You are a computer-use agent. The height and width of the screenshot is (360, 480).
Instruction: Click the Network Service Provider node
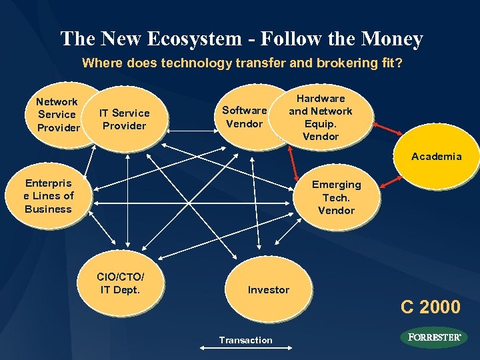(x=57, y=114)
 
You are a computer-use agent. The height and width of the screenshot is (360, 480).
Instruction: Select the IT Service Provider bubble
(x=124, y=119)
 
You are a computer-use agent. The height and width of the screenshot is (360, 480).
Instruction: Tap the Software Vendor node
(x=244, y=117)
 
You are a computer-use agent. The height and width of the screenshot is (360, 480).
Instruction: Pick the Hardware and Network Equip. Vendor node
(x=321, y=117)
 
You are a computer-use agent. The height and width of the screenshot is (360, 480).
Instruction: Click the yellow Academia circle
(x=436, y=156)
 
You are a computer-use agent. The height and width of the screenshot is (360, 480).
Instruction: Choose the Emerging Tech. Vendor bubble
(x=337, y=197)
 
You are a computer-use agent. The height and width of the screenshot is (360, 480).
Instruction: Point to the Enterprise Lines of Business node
(x=48, y=195)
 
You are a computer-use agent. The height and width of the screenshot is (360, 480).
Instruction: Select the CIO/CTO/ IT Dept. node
(x=120, y=283)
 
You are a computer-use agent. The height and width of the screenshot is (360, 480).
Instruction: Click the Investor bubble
(x=269, y=289)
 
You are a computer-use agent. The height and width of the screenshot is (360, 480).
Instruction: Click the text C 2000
(x=430, y=307)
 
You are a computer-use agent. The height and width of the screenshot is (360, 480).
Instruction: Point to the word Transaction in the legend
(x=245, y=340)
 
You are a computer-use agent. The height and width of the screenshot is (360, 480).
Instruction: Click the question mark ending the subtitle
(x=399, y=64)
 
